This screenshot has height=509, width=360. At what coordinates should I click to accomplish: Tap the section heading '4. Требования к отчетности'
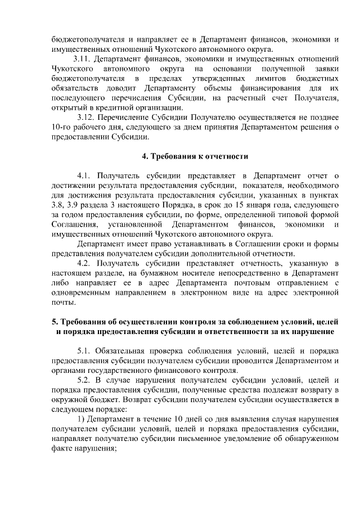click(195, 156)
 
